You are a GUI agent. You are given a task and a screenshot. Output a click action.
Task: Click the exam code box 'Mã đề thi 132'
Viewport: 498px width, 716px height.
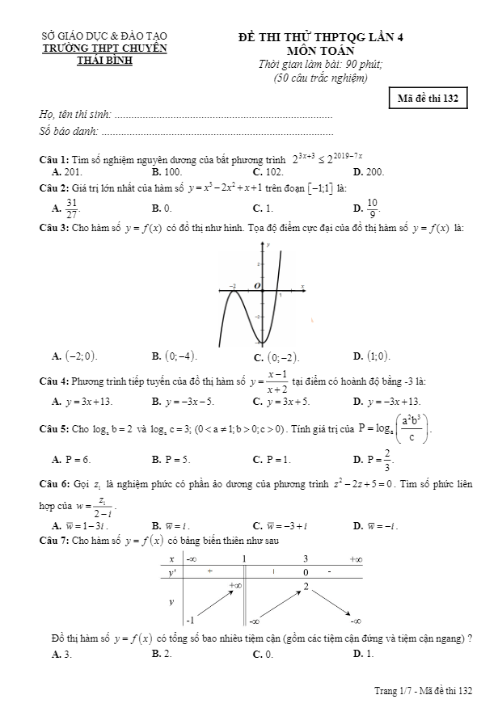click(x=428, y=99)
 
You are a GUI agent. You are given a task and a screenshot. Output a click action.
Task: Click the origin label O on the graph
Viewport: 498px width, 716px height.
click(x=258, y=286)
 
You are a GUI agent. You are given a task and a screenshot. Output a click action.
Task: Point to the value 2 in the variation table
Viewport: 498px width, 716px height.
click(x=306, y=586)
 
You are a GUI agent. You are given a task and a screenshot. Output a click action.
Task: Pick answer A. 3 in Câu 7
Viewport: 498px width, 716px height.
click(x=61, y=655)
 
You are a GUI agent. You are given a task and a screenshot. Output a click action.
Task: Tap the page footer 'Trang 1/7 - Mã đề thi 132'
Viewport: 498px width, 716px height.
click(x=423, y=690)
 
